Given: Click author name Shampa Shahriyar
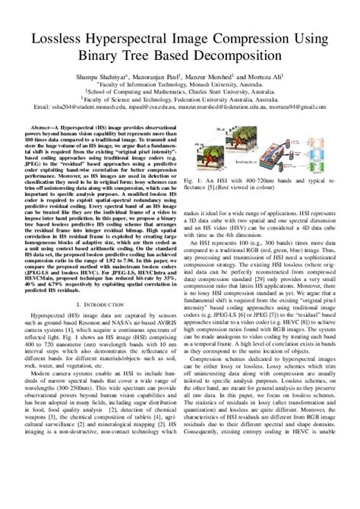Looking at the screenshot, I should (x=107, y=77).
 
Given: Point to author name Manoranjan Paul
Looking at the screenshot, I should (x=166, y=77).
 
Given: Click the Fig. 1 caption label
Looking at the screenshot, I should (x=196, y=182).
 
